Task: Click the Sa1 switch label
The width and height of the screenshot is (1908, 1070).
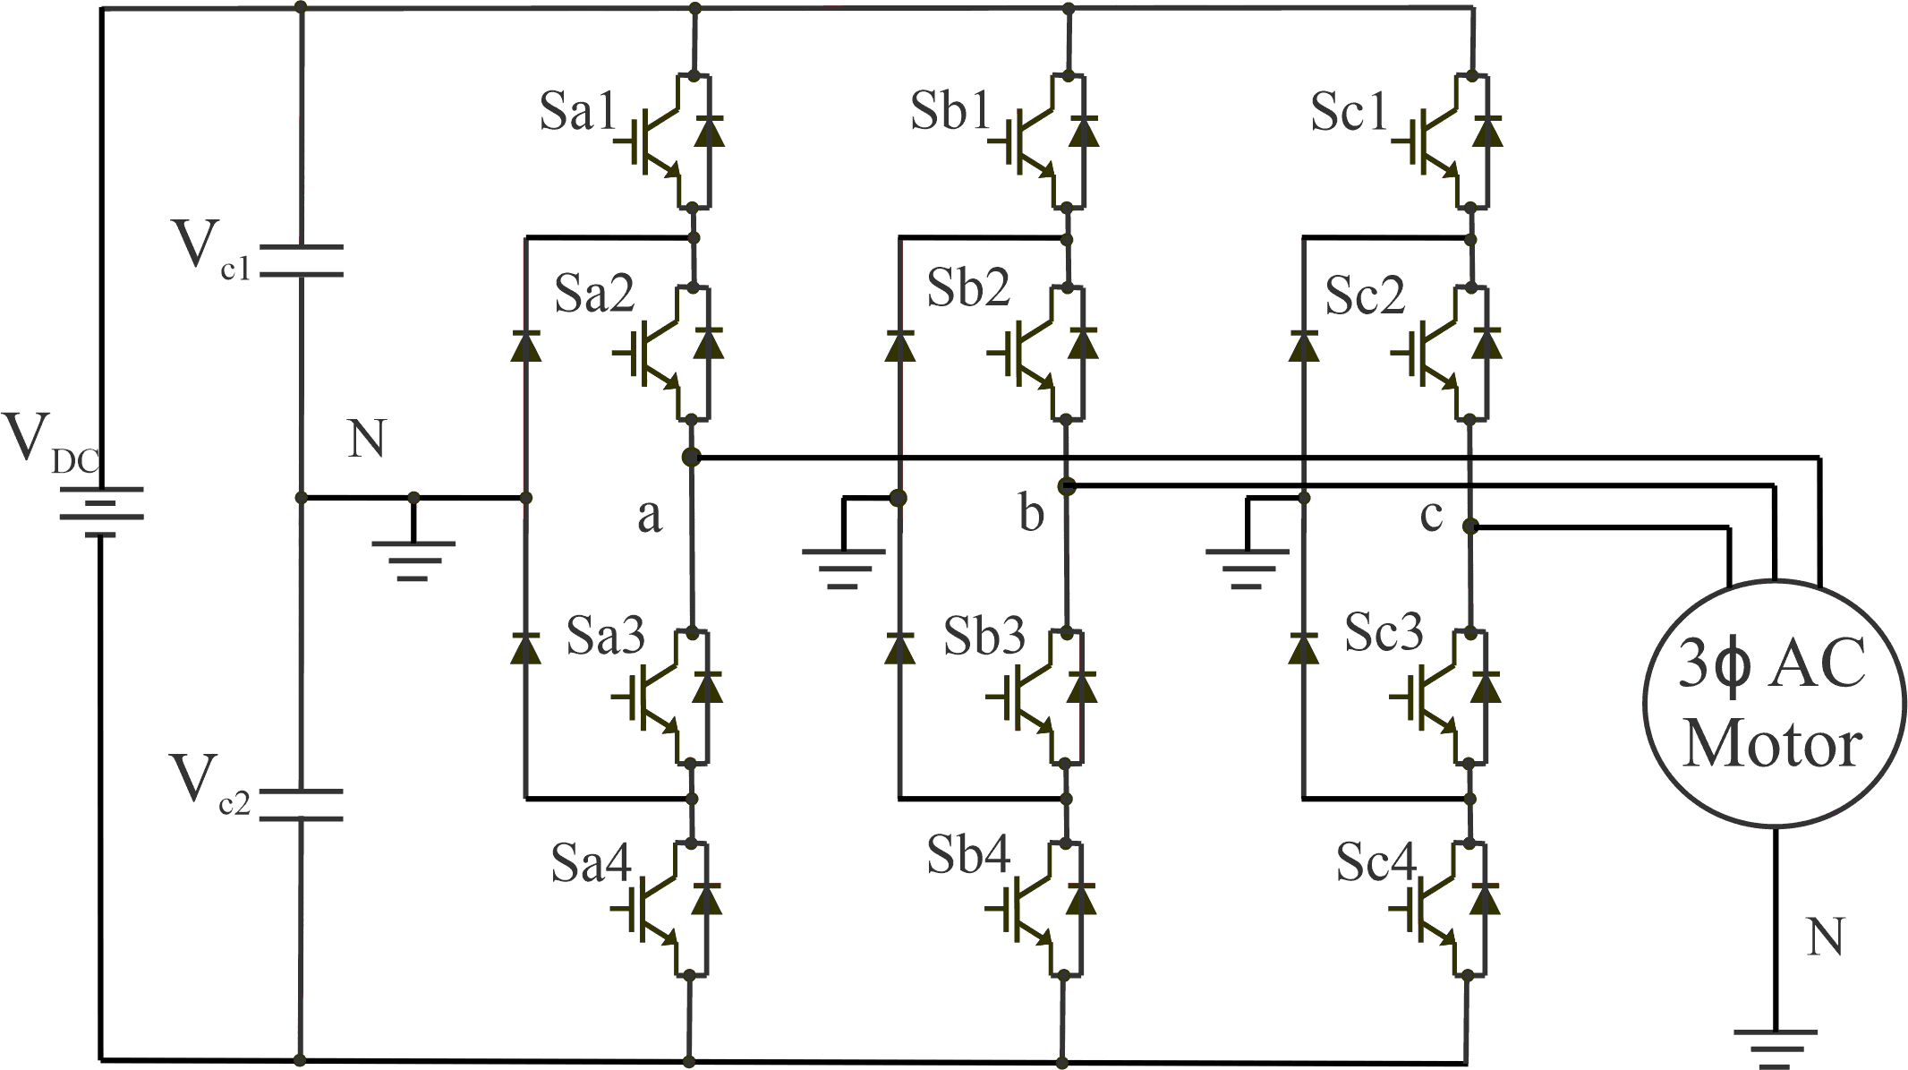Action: tap(577, 113)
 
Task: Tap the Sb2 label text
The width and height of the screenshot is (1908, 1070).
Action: tap(967, 289)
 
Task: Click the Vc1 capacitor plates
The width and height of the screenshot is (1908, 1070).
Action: tap(301, 261)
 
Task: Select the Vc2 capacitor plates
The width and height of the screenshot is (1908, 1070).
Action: tap(301, 805)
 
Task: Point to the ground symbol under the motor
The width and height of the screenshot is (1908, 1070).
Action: tap(1776, 1048)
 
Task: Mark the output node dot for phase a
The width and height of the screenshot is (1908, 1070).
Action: tap(690, 458)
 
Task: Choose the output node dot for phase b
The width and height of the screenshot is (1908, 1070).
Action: tap(1066, 486)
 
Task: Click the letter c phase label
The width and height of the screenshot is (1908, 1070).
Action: tap(1431, 515)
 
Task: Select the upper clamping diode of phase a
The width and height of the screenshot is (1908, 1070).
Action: tap(525, 346)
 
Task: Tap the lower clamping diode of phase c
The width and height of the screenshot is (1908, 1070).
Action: tap(1303, 648)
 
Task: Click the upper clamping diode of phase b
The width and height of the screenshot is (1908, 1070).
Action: tap(899, 346)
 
